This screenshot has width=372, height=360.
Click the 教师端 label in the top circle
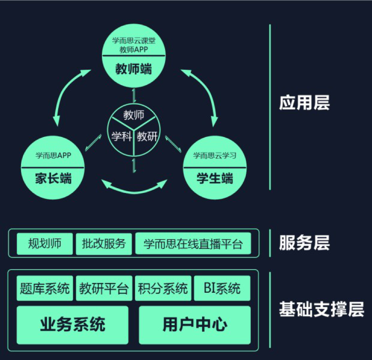tap(133, 69)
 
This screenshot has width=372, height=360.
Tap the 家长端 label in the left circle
tap(53, 179)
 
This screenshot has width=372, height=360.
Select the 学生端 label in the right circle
tap(215, 179)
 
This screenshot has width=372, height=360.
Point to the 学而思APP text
tap(53, 155)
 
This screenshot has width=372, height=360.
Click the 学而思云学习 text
tap(215, 155)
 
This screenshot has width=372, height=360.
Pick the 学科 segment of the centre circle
tap(121, 137)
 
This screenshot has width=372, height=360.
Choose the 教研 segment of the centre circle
tap(147, 137)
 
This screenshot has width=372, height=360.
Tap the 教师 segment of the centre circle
tap(134, 115)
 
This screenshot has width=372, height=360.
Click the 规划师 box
tap(45, 244)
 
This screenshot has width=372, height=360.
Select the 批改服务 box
tap(104, 244)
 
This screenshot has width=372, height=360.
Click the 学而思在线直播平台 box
tap(193, 244)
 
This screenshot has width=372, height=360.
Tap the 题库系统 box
tap(45, 288)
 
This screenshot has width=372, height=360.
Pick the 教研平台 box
tap(104, 288)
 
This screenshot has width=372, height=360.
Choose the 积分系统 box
tap(163, 288)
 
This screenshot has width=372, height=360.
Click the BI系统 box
tap(222, 288)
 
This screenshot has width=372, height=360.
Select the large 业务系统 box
tap(72, 325)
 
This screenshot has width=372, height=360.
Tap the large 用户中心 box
tap(195, 325)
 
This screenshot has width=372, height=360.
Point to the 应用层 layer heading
tap(304, 103)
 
